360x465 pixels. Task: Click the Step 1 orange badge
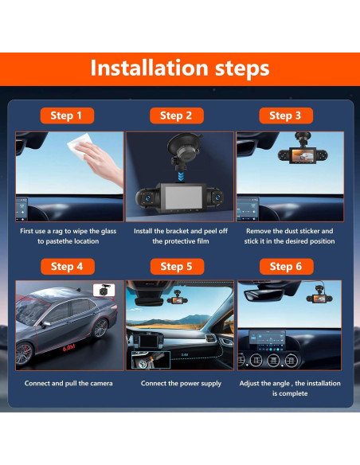coord(68,115)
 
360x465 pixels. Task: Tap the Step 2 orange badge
coord(177,115)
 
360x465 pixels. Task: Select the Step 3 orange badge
coord(286,115)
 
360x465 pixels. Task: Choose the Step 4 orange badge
coord(68,267)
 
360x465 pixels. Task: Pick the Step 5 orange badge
coord(177,267)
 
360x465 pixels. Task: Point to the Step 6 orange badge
coord(287,267)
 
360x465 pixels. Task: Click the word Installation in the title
coord(149,68)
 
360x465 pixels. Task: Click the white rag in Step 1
coord(80,146)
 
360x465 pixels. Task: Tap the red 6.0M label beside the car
coord(68,348)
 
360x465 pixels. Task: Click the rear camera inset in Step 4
coord(104,291)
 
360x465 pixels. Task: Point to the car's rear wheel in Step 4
coord(100,328)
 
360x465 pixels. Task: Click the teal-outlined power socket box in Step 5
coord(151,360)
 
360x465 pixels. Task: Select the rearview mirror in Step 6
coord(264,295)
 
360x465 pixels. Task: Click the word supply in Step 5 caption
coord(211,384)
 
